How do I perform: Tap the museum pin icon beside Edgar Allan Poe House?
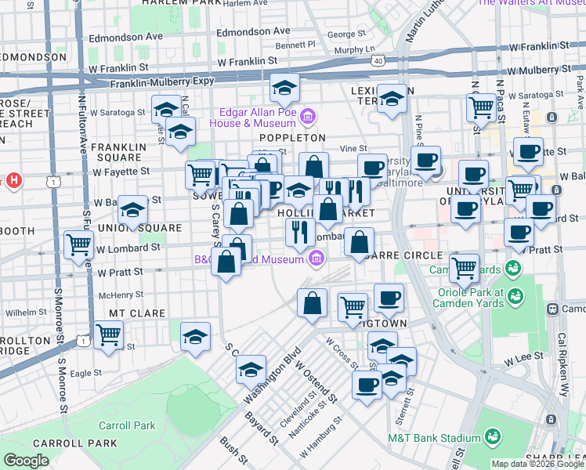point(309,117)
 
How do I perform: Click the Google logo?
point(26,461)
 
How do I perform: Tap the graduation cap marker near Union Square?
point(133,210)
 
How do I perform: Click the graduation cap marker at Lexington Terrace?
point(392,99)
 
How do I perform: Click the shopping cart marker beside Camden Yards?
point(464,268)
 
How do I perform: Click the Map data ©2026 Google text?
point(537,464)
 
